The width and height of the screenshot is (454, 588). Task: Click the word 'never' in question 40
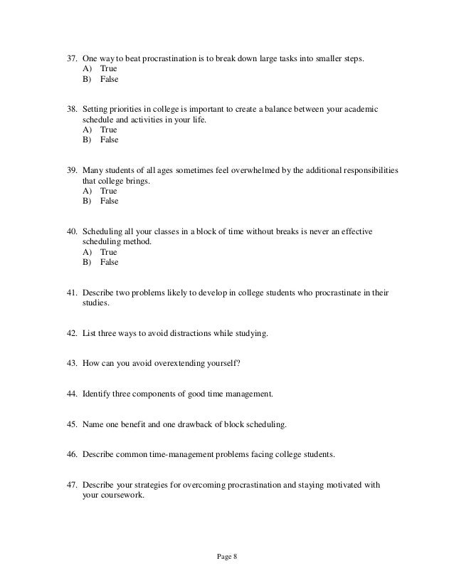[324, 232]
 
